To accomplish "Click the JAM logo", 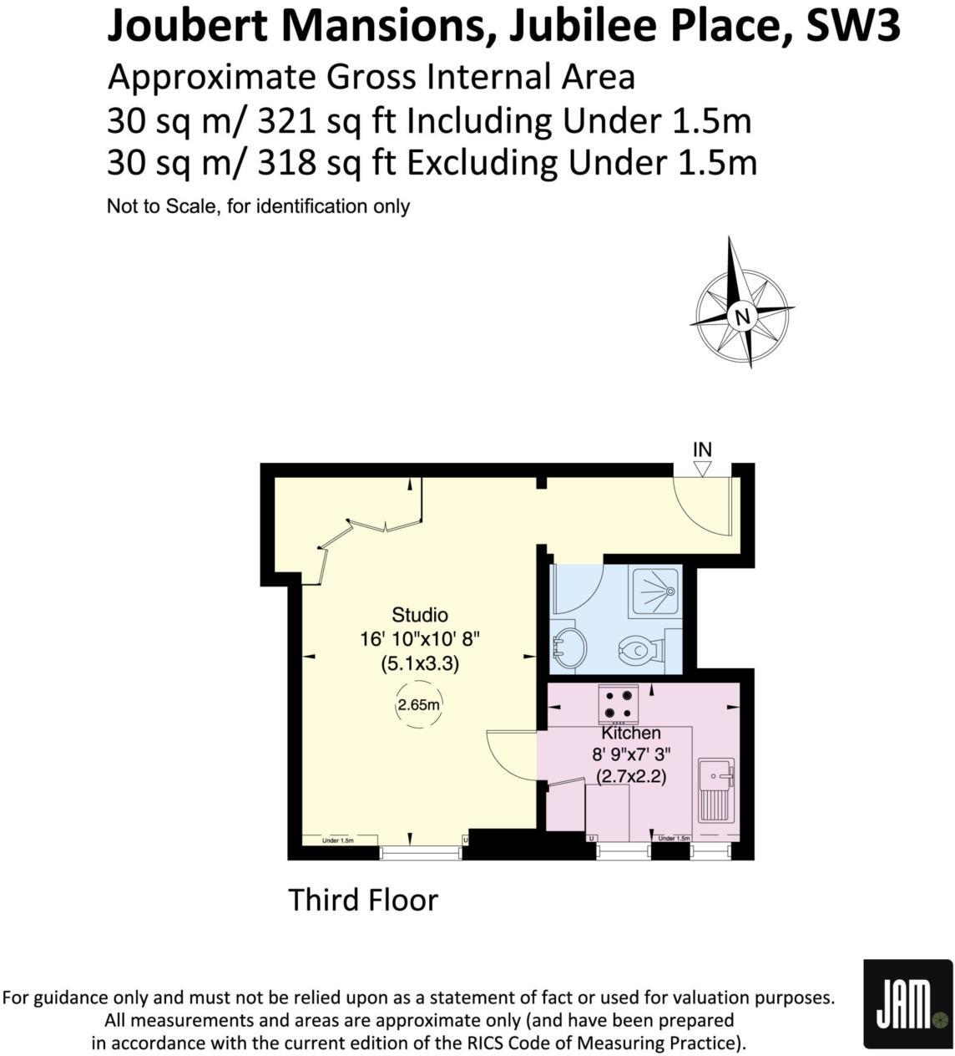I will [x=907, y=1003].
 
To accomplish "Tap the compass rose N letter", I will [x=740, y=316].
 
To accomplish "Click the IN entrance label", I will [x=702, y=449].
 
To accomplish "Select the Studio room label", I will [x=420, y=615].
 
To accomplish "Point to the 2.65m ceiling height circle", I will [x=418, y=704].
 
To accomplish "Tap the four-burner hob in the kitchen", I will [x=619, y=703].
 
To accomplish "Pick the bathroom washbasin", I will [x=569, y=648].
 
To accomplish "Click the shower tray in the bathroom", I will [x=657, y=591].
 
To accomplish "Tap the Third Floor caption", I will [x=362, y=900].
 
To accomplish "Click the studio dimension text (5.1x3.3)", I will [x=420, y=665].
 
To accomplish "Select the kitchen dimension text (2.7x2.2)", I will [x=631, y=776].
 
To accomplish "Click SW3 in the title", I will [x=852, y=27].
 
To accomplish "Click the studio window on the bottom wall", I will [x=421, y=852].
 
